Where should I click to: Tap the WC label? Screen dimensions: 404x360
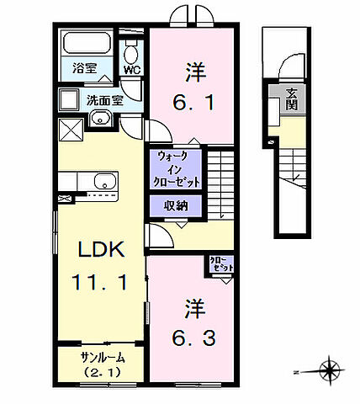[131, 70]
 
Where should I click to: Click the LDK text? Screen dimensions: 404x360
[102, 250]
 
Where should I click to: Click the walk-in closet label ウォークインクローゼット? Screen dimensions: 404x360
[177, 168]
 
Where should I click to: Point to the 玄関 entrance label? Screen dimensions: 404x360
[291, 99]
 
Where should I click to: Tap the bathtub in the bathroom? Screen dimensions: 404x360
[88, 42]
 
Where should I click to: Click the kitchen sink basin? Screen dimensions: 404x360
[104, 181]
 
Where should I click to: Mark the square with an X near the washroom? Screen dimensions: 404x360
[70, 129]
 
